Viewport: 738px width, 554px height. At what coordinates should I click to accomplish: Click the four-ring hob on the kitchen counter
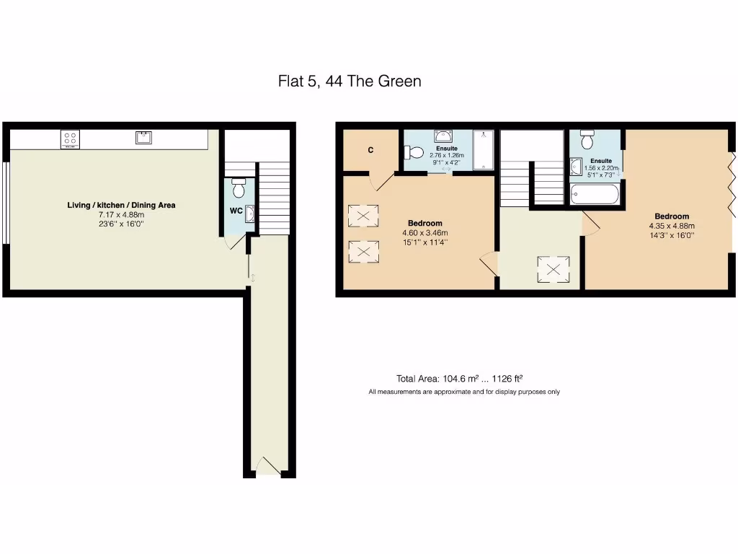(x=70, y=138)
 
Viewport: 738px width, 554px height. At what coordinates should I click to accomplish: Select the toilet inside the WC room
(x=239, y=188)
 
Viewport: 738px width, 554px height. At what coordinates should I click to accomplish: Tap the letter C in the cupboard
(x=370, y=151)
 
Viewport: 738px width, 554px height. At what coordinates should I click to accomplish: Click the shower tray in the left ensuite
(x=484, y=149)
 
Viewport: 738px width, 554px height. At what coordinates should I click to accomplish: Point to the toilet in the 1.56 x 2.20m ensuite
(x=587, y=138)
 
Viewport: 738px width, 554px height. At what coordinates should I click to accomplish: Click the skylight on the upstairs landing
(x=553, y=270)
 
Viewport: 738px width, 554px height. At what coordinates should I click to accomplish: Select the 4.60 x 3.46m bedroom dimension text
(x=424, y=233)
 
